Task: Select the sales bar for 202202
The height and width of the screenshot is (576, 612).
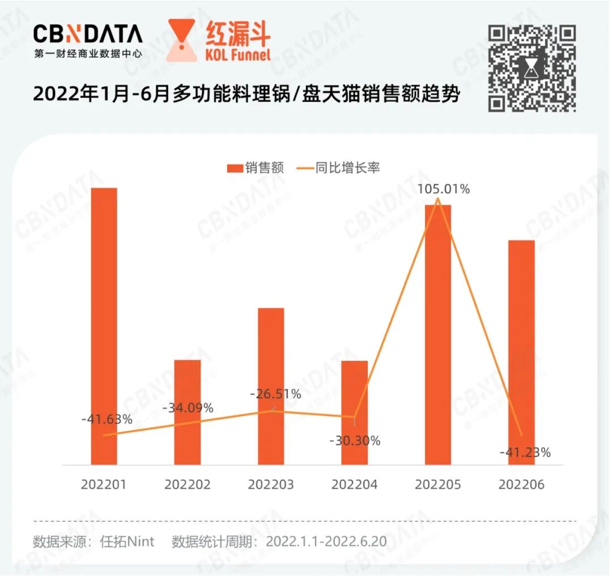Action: tap(188, 412)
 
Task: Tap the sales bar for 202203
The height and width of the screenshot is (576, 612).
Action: tap(271, 386)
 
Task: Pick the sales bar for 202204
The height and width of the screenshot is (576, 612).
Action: tap(354, 412)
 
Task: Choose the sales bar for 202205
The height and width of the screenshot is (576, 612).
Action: tap(438, 334)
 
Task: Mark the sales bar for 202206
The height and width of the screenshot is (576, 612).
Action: tap(521, 352)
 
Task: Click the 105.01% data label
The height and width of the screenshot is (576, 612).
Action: tap(443, 189)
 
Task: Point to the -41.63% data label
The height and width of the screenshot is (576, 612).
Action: tap(107, 420)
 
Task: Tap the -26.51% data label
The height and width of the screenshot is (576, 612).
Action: tap(276, 394)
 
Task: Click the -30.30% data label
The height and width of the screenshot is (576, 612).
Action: tap(355, 441)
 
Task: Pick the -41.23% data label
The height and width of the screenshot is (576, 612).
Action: tap(525, 453)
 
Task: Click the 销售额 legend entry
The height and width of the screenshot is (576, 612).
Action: tap(255, 168)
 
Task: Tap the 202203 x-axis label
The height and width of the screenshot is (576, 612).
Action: tap(271, 485)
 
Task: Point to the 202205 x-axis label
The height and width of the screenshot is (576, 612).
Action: tap(438, 485)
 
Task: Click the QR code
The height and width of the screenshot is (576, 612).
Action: tap(532, 68)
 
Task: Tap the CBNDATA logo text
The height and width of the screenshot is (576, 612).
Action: tap(88, 35)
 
